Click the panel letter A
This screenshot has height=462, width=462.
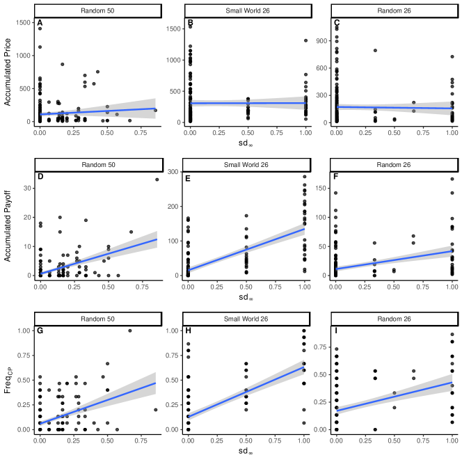pyautogui.click(x=40, y=24)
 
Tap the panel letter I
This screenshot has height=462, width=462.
pyautogui.click(x=337, y=331)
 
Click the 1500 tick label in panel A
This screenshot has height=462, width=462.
pyautogui.click(x=23, y=22)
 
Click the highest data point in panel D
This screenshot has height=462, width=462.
pyautogui.click(x=157, y=180)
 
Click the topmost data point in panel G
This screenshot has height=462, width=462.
pyautogui.click(x=129, y=330)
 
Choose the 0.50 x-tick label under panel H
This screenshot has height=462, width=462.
pyautogui.click(x=245, y=441)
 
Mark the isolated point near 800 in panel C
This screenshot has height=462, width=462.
pyautogui.click(x=375, y=51)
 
